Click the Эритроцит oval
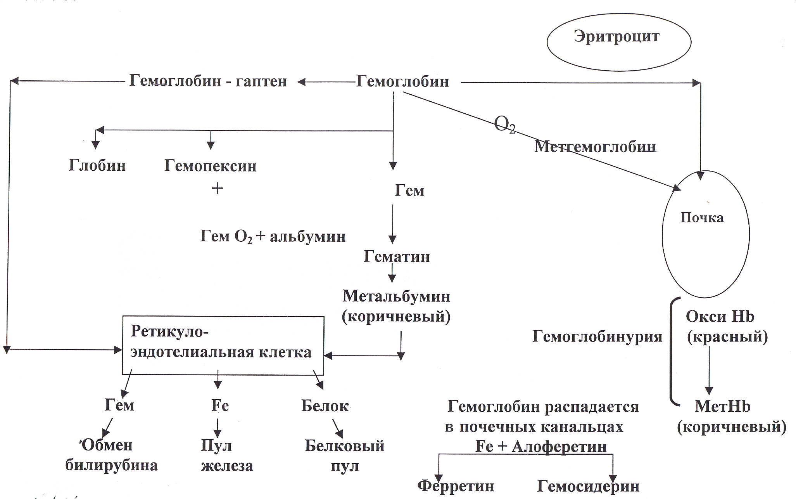619,42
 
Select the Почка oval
706,234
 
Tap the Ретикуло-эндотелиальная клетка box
223,345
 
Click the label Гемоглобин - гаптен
208,81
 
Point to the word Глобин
97,166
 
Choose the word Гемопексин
210,166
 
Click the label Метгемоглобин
595,147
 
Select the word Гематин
397,256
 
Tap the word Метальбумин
396,296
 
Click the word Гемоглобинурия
597,336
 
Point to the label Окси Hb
720,317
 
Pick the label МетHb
723,406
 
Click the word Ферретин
456,486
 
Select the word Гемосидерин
588,486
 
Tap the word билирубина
111,465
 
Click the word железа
227,465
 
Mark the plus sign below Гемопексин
217,189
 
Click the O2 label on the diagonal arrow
505,125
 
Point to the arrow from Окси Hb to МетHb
709,371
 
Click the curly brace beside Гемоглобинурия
674,351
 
